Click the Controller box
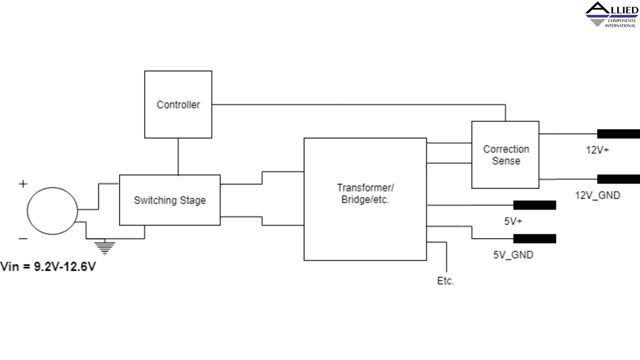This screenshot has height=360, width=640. (x=178, y=104)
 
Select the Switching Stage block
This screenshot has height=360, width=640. (x=170, y=200)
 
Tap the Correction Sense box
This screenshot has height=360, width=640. (x=505, y=155)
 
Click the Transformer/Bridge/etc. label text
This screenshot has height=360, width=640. (x=365, y=194)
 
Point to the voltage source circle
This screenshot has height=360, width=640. (x=52, y=211)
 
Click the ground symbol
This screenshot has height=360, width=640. (x=105, y=247)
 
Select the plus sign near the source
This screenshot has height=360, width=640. (x=23, y=184)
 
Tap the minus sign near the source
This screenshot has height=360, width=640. (x=23, y=239)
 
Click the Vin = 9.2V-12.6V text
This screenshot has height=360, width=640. (x=48, y=266)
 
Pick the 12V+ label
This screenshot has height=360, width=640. (x=597, y=150)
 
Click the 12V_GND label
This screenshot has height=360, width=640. (x=598, y=195)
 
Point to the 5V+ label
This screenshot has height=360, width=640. (x=513, y=221)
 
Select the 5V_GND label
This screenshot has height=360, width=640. (x=513, y=255)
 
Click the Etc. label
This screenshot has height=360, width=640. (x=445, y=281)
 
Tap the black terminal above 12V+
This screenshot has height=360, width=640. (x=618, y=134)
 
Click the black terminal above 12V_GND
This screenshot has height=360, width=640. (x=618, y=179)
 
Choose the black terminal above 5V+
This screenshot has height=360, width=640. (x=534, y=205)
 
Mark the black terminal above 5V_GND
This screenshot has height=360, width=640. (x=534, y=239)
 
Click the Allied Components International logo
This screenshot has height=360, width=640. (x=612, y=15)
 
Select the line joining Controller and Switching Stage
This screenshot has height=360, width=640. (x=178, y=156)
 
